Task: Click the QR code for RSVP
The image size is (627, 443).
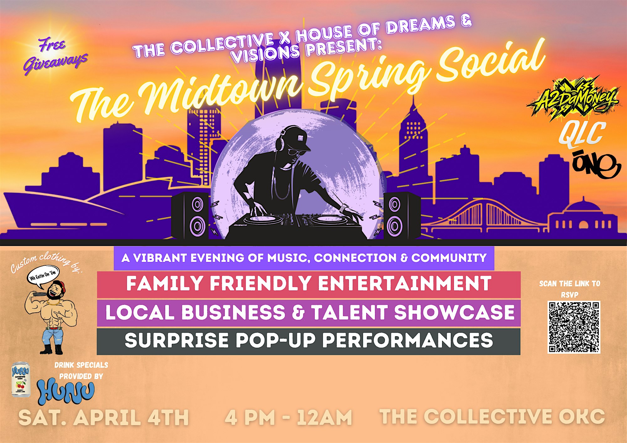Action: (574, 327)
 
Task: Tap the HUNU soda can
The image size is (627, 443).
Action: (21, 380)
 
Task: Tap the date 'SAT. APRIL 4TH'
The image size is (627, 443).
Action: (103, 418)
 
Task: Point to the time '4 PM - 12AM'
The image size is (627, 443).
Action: (288, 418)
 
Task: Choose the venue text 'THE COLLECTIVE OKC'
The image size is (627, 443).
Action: (492, 417)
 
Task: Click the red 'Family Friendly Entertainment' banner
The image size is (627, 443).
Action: (308, 284)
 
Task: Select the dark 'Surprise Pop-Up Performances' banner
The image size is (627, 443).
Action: (308, 341)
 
